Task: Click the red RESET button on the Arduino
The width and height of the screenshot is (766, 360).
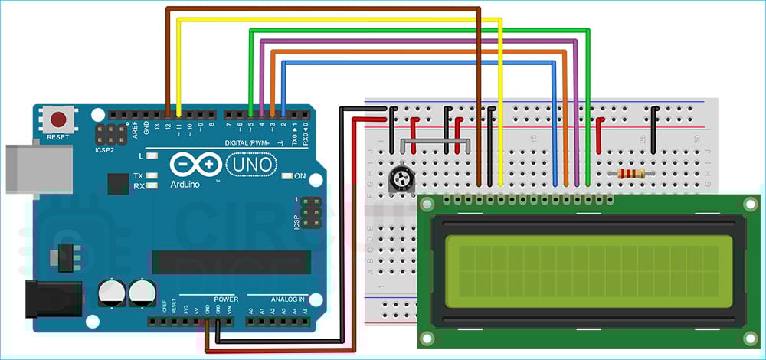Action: pyautogui.click(x=58, y=120)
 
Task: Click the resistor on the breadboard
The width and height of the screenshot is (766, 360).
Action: pyautogui.click(x=630, y=174)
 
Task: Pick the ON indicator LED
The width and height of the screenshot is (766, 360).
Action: pyautogui.click(x=286, y=176)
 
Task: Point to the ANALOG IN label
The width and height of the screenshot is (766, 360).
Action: pyautogui.click(x=285, y=298)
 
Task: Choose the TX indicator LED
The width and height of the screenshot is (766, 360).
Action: pyautogui.click(x=152, y=176)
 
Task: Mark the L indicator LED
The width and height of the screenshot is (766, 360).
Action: pyautogui.click(x=152, y=156)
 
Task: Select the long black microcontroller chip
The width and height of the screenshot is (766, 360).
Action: pyautogui.click(x=231, y=262)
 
